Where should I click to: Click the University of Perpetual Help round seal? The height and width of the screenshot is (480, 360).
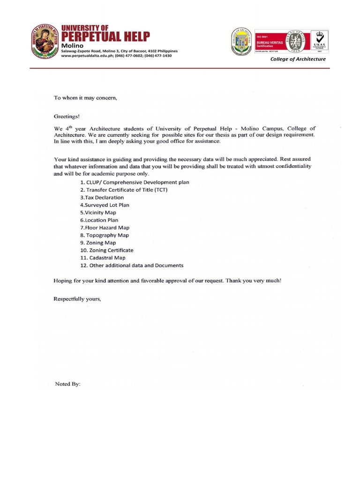pos(45,41)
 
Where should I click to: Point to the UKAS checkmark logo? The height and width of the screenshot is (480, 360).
pos(317,41)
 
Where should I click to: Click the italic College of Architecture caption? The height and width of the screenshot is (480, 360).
pos(297,59)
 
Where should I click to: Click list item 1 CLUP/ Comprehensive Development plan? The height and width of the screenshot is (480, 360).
pos(135,182)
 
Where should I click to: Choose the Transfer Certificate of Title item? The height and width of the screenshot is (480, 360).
pos(124,190)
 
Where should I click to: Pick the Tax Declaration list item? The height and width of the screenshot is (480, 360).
pos(102,197)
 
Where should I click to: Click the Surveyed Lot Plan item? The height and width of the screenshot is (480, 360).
pos(105,205)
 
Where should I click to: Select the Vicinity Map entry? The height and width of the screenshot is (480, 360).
pos(98,212)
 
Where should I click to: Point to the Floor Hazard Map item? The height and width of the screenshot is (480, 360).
pos(105,227)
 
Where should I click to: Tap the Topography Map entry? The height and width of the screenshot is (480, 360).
pos(104,235)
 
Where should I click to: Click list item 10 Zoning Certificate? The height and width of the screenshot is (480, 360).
pos(107,250)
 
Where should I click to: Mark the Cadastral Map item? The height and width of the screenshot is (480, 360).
pos(103,258)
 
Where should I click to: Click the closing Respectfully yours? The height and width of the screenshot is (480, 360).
pos(77,299)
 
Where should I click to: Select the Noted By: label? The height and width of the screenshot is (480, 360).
pos(68,384)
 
